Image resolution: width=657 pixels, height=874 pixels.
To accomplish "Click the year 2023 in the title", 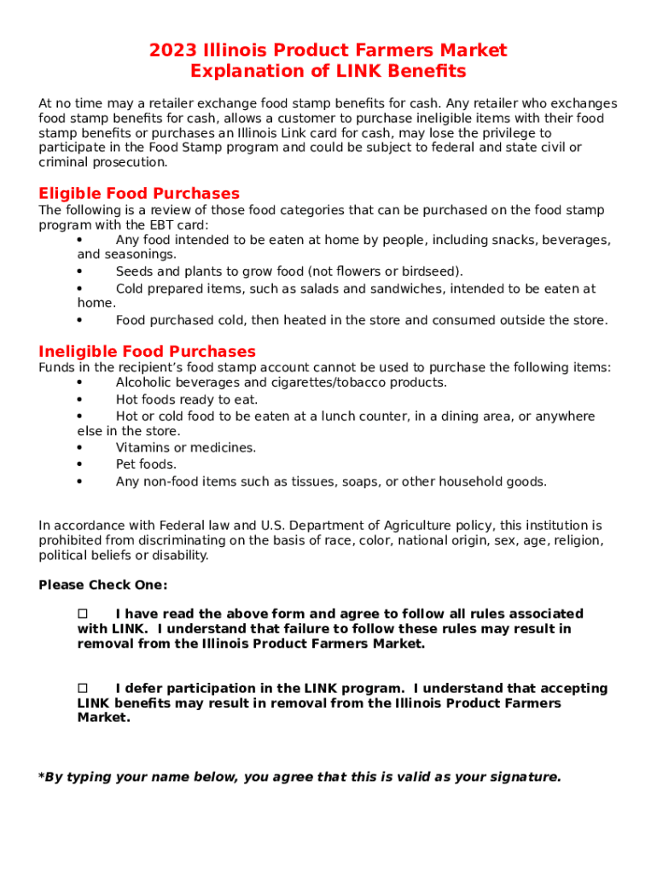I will click(172, 50).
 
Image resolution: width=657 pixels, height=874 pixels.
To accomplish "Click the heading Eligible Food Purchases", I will click(139, 194).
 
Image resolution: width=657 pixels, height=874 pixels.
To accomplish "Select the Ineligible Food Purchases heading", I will click(147, 352).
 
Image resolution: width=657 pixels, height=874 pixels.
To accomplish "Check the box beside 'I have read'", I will click(84, 614).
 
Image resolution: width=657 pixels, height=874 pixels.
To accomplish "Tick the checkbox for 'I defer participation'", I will click(84, 688).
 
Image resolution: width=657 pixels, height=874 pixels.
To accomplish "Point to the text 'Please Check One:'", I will click(103, 585).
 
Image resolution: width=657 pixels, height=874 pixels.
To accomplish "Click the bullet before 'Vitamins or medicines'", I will click(79, 447).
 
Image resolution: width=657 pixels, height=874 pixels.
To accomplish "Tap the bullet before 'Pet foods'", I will click(79, 464).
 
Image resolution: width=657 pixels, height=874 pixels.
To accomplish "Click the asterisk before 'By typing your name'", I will click(41, 777).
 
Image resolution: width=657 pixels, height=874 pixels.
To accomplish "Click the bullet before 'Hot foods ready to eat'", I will click(79, 399).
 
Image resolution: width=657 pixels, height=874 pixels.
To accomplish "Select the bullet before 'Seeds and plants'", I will click(79, 271).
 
